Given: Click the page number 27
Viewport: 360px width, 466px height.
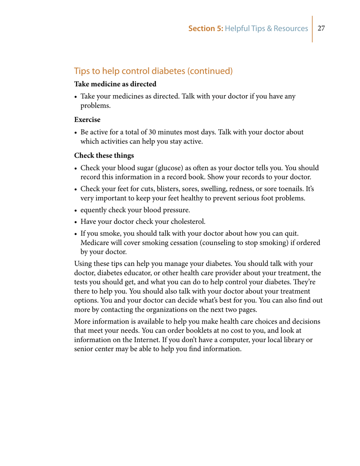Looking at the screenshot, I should (x=322, y=28).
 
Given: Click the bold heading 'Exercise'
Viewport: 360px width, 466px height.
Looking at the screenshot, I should (x=87, y=120).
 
